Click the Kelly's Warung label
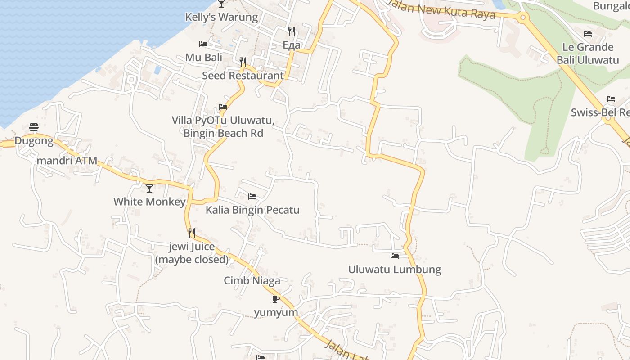221,17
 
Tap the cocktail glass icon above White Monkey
149,188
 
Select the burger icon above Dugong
34,128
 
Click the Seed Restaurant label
243,76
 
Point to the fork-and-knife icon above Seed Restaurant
243,62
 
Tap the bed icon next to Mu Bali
203,44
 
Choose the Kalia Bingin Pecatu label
252,210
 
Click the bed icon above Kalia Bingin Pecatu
252,197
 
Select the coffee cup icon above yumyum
276,299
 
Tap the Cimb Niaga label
252,281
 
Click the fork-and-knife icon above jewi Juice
192,233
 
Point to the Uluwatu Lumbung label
395,270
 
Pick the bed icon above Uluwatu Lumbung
395,256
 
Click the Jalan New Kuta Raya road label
441,10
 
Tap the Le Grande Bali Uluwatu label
588,54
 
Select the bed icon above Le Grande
588,34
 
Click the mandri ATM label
67,161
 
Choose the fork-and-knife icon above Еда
292,31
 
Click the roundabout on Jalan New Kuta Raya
522,18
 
